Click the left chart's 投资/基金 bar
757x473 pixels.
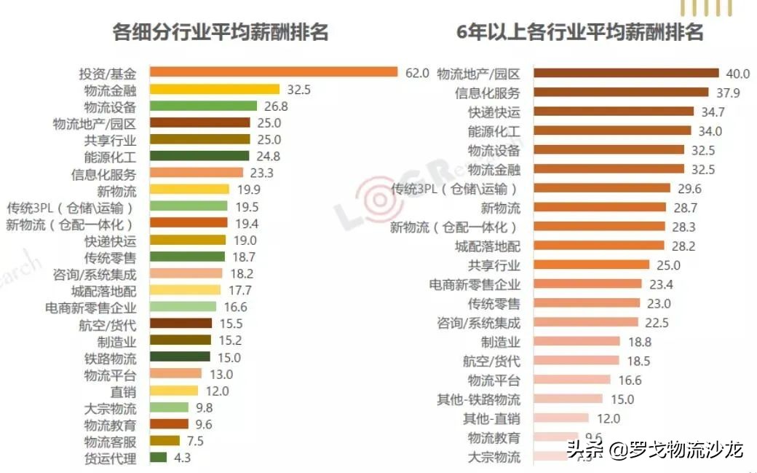click(x=274, y=72)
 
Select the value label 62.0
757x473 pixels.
click(x=417, y=73)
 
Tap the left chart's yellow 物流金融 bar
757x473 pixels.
click(x=215, y=89)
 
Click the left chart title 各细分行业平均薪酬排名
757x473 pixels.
click(x=221, y=32)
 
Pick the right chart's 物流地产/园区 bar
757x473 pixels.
click(x=627, y=73)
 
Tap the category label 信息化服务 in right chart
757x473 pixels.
click(x=488, y=93)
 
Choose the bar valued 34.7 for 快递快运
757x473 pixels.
click(x=614, y=112)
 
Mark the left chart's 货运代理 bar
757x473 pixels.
click(x=159, y=458)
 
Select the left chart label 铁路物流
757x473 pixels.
click(x=110, y=358)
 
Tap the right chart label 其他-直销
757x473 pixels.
click(x=492, y=418)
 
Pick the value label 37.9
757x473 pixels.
click(x=726, y=93)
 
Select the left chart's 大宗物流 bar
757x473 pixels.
click(x=169, y=407)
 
